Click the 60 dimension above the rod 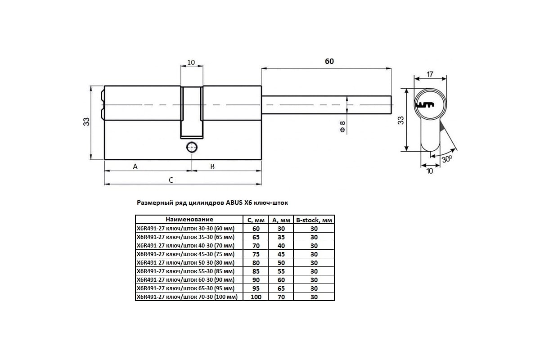(329, 61)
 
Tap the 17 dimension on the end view (430, 74)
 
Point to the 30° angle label (446, 158)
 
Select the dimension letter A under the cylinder (135, 166)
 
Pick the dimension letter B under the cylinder (213, 166)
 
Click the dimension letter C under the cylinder (171, 180)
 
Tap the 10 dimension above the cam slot (191, 62)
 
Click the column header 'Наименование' (189, 220)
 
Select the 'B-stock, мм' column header (314, 220)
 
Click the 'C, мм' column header (256, 220)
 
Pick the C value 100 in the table (256, 297)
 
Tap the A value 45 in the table (280, 254)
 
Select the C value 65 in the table (256, 237)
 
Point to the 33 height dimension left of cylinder (86, 121)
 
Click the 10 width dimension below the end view (430, 171)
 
